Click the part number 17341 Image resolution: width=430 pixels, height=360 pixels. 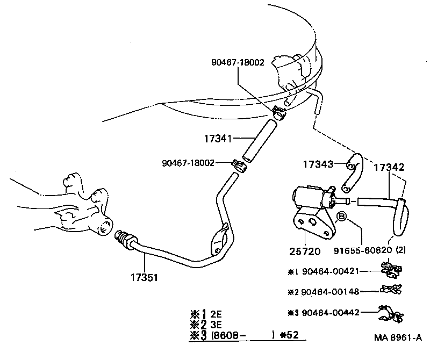coord(217,138)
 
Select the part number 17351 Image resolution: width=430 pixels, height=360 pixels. coord(144,278)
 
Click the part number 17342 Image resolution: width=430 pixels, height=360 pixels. coord(389,167)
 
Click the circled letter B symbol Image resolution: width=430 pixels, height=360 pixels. coord(341,218)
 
